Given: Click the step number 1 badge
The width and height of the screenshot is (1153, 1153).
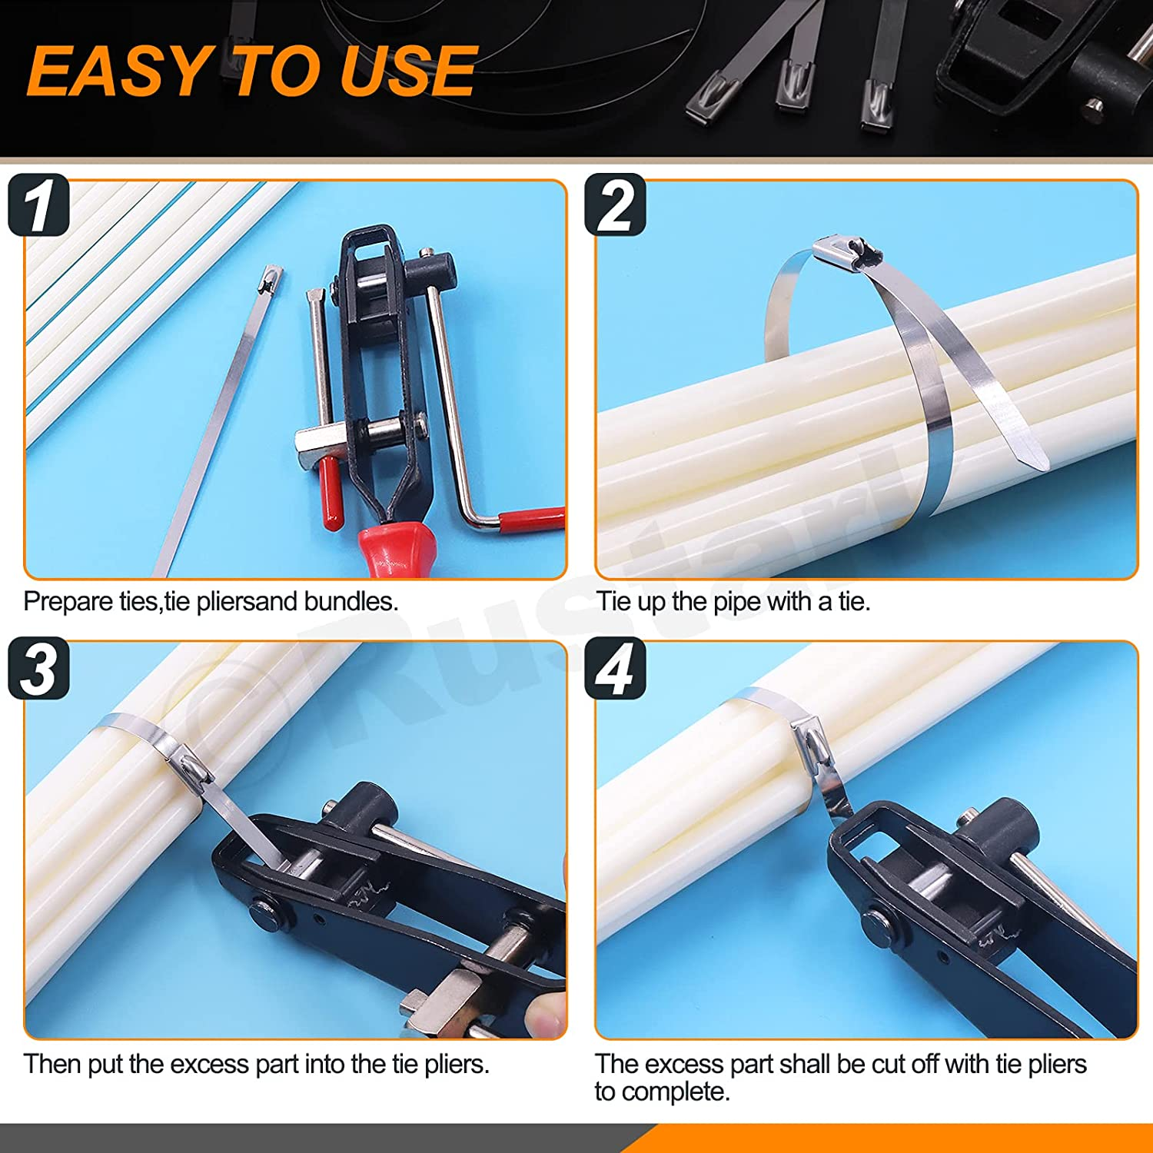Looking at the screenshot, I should [x=38, y=205].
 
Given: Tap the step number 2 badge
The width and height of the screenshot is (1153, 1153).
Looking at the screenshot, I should [x=615, y=205].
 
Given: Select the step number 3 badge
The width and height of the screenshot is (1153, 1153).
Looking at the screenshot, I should [x=38, y=669].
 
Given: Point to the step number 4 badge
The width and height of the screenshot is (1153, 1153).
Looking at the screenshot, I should [x=615, y=669].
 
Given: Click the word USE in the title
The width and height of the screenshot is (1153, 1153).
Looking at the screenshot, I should [x=408, y=71].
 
